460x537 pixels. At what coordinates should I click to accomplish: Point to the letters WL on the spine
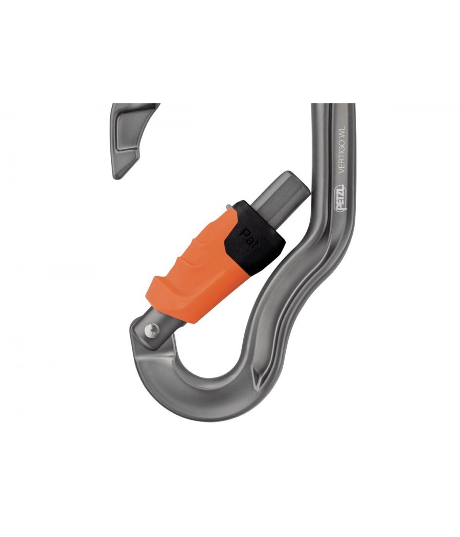pos(342,132)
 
